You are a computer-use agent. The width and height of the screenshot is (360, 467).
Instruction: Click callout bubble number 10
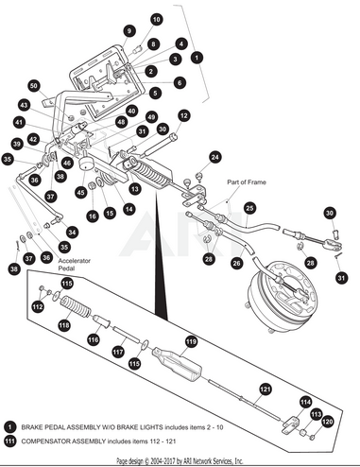click(156, 19)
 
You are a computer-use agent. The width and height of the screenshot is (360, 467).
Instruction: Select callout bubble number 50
click(34, 86)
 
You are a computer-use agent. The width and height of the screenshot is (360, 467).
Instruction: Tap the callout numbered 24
click(214, 157)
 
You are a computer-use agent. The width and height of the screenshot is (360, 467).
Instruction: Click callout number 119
click(191, 341)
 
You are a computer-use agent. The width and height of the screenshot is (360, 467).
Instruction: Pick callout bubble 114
click(304, 402)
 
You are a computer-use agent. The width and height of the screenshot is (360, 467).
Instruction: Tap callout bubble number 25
click(249, 207)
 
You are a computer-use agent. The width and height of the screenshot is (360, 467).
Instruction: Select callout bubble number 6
click(180, 82)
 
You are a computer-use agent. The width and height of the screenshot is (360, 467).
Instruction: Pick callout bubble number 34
click(71, 232)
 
